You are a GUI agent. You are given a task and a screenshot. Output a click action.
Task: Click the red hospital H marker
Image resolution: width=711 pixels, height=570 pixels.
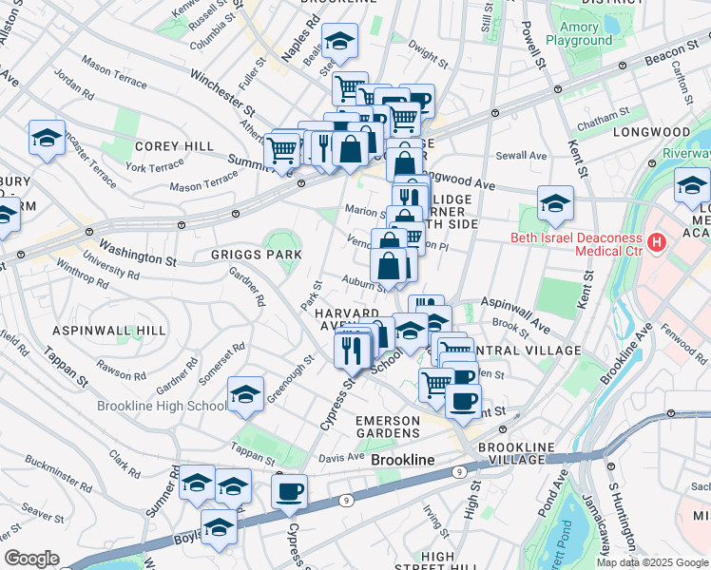[x=655, y=245]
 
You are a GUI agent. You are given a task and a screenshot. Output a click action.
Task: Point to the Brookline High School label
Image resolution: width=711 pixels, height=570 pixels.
[x=162, y=406]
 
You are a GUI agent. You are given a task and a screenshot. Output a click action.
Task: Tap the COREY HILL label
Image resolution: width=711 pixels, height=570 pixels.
[x=168, y=146]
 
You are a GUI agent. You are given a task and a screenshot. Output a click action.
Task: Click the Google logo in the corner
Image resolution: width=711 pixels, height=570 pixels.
[x=31, y=559]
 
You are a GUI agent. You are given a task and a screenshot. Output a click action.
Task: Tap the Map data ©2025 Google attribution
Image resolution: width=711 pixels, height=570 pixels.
[x=652, y=561]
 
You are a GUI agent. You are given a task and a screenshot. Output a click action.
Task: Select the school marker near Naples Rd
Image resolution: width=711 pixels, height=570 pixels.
[x=338, y=41]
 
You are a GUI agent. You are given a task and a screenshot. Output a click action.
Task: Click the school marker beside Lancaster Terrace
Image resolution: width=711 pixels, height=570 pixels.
[x=47, y=138]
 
